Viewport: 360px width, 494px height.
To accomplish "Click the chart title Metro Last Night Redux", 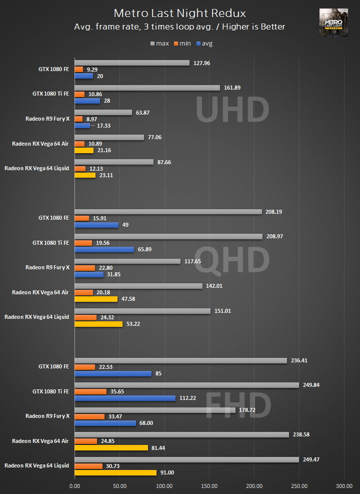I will click(x=180, y=13).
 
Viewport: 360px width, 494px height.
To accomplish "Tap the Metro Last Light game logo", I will click(x=334, y=23).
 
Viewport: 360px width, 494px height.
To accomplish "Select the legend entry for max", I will click(x=159, y=44).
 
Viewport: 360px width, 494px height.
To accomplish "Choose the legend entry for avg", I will click(x=204, y=44).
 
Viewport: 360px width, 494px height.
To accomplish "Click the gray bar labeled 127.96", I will click(x=132, y=63).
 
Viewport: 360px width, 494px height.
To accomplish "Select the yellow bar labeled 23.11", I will click(x=85, y=175).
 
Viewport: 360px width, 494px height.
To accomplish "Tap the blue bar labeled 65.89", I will click(x=104, y=249).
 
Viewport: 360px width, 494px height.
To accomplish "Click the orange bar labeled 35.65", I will click(x=90, y=391).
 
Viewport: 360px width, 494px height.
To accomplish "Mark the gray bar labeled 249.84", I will click(x=186, y=385).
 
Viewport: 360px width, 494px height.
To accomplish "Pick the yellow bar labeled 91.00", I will click(x=115, y=472).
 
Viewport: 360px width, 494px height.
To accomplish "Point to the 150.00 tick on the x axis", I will click(x=209, y=485).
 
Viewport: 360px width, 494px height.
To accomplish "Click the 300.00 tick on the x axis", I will click(x=344, y=485).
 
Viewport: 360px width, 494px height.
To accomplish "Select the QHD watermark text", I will click(x=232, y=260).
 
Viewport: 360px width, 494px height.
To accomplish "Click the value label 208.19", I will click(x=276, y=212).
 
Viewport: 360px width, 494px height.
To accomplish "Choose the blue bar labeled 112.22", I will click(x=125, y=398).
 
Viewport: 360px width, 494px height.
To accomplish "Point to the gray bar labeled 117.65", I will click(x=127, y=261).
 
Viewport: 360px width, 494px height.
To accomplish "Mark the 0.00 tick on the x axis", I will click(x=74, y=485).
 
